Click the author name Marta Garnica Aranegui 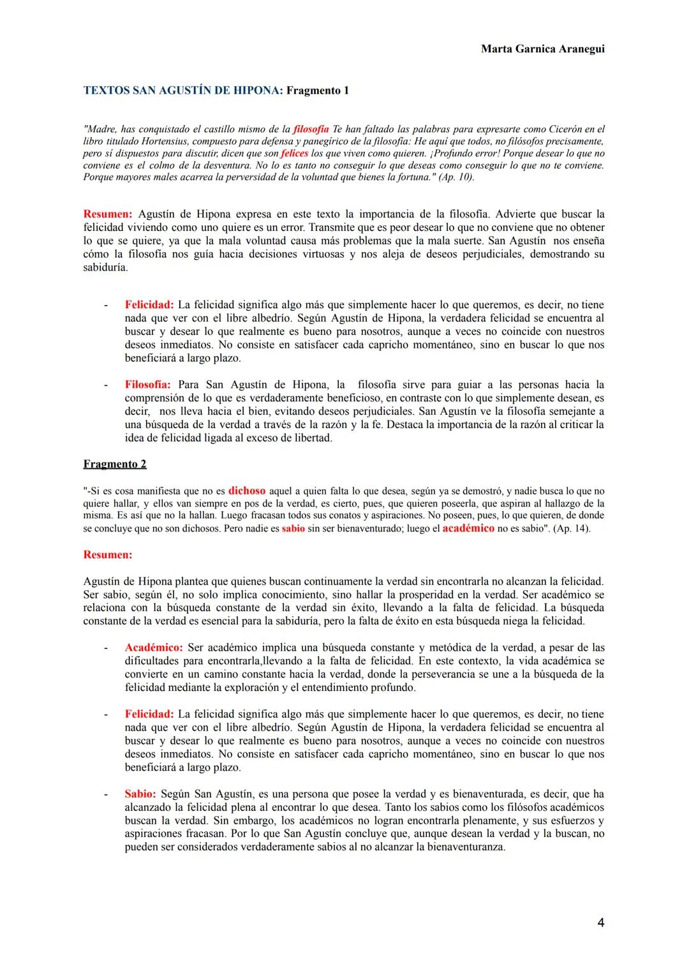click(x=542, y=49)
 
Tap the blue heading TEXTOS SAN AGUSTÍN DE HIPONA click(x=182, y=91)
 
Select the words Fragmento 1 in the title click(x=317, y=91)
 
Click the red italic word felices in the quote click(x=294, y=154)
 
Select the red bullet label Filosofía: click(x=147, y=385)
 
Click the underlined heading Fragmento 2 click(x=115, y=464)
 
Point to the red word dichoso click(x=247, y=491)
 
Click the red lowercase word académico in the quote click(x=468, y=529)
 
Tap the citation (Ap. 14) click(x=572, y=529)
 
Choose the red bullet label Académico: click(x=154, y=648)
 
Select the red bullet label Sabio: click(x=140, y=794)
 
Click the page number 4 click(x=600, y=923)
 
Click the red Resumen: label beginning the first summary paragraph click(x=108, y=214)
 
